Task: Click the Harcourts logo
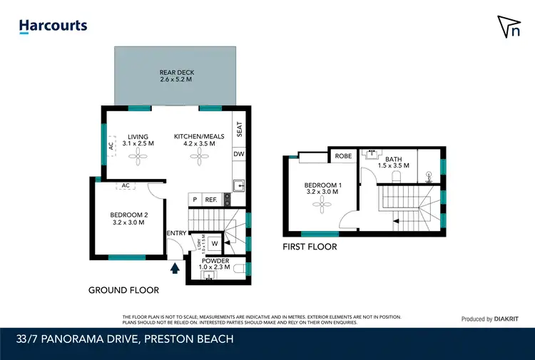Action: (x=53, y=26)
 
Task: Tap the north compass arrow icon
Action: (x=507, y=26)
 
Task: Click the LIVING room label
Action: (x=138, y=140)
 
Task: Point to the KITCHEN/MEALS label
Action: (x=199, y=140)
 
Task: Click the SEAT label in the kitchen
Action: (x=240, y=129)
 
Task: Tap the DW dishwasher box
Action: (x=239, y=153)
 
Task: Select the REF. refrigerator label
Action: (x=211, y=200)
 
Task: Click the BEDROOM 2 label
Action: (x=128, y=218)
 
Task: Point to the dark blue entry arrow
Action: (x=175, y=268)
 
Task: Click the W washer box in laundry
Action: (x=214, y=244)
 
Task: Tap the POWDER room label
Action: (x=215, y=264)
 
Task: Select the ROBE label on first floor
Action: (x=343, y=156)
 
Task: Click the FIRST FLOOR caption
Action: (x=310, y=247)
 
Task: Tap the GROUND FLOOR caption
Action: (x=123, y=290)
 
